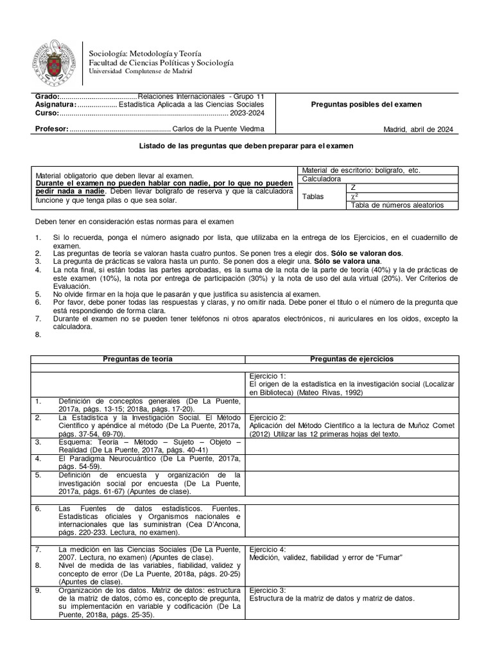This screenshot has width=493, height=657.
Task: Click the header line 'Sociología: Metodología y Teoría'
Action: click(145, 53)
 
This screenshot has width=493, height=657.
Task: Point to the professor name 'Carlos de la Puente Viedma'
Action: click(218, 129)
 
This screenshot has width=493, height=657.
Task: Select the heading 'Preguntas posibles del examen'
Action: click(366, 105)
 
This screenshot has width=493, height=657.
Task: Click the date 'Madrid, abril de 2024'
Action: click(419, 129)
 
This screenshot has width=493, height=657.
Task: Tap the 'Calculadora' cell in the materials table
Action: click(322, 179)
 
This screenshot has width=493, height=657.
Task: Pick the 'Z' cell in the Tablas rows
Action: click(354, 187)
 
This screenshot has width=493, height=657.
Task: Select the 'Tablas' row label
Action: click(313, 196)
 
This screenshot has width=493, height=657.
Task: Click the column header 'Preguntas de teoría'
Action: click(138, 359)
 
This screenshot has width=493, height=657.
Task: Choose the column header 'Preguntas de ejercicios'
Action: click(352, 359)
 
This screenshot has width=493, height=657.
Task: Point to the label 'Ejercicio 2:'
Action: click(268, 416)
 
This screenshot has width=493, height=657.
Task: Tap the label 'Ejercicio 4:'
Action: click(268, 549)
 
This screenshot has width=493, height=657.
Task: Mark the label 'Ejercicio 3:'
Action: click(268, 590)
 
